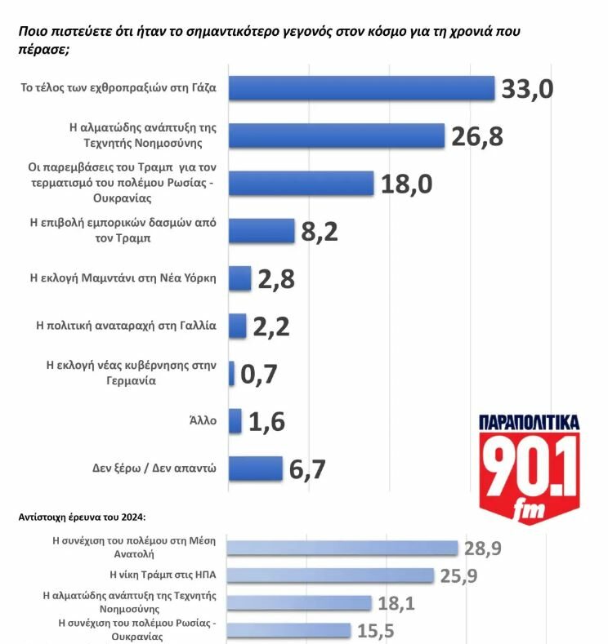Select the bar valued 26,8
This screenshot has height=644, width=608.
[336, 135]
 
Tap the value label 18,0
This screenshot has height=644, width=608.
[406, 184]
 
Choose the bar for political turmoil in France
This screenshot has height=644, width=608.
[237, 326]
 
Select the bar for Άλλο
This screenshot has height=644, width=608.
[235, 421]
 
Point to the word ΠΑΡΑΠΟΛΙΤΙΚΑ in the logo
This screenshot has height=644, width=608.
[529, 423]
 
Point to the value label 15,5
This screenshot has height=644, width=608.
[378, 631]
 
